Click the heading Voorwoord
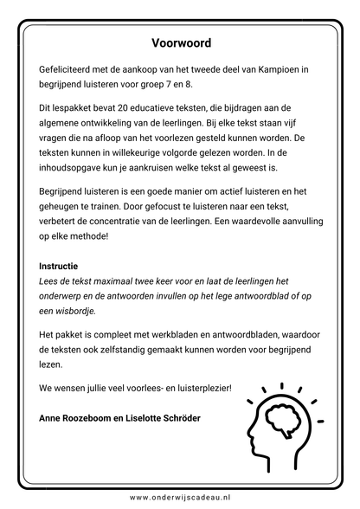click(x=180, y=42)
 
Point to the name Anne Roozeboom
click(x=81, y=418)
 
